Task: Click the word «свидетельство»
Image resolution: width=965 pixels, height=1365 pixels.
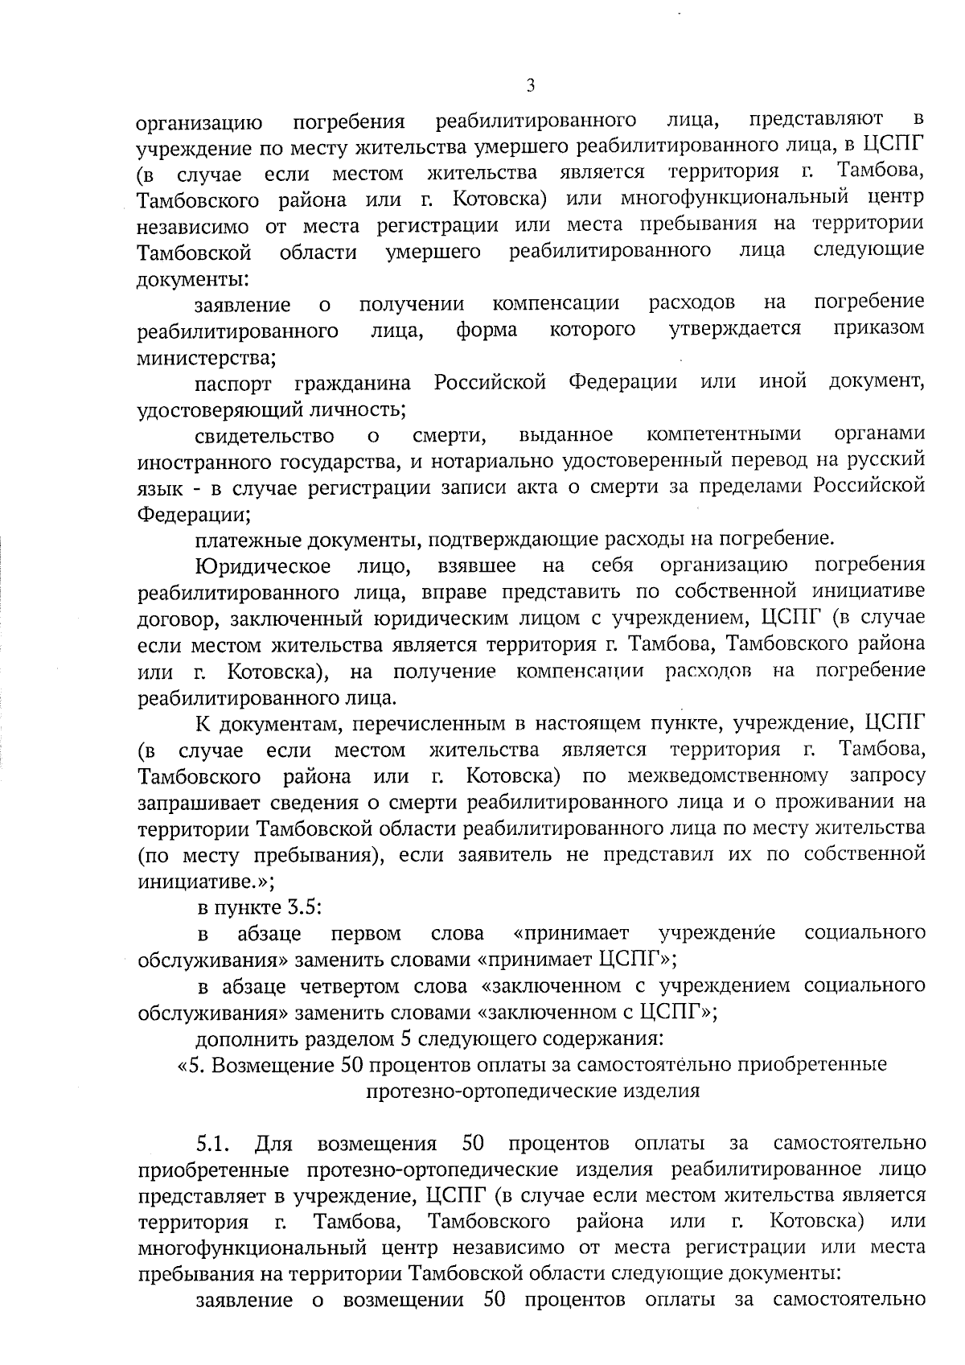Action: (x=265, y=436)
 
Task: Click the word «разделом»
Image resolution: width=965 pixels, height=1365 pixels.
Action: (x=349, y=1038)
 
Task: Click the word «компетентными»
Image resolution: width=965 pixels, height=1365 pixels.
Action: (x=724, y=435)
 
